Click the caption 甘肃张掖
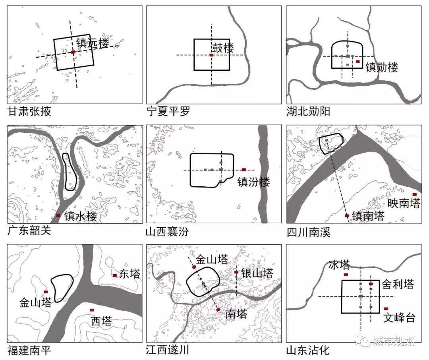click(29, 112)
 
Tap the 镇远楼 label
click(92, 43)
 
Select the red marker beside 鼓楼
click(211, 55)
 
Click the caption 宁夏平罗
click(168, 112)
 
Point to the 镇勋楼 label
click(382, 67)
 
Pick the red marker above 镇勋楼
click(358, 62)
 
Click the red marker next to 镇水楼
click(58, 215)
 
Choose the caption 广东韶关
click(29, 230)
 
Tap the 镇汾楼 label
click(253, 182)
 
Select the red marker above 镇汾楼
click(244, 170)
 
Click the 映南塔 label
click(404, 203)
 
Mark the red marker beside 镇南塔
click(347, 216)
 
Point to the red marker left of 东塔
click(115, 275)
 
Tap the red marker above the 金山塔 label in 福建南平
click(46, 292)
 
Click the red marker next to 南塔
click(218, 309)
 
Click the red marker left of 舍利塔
click(371, 284)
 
